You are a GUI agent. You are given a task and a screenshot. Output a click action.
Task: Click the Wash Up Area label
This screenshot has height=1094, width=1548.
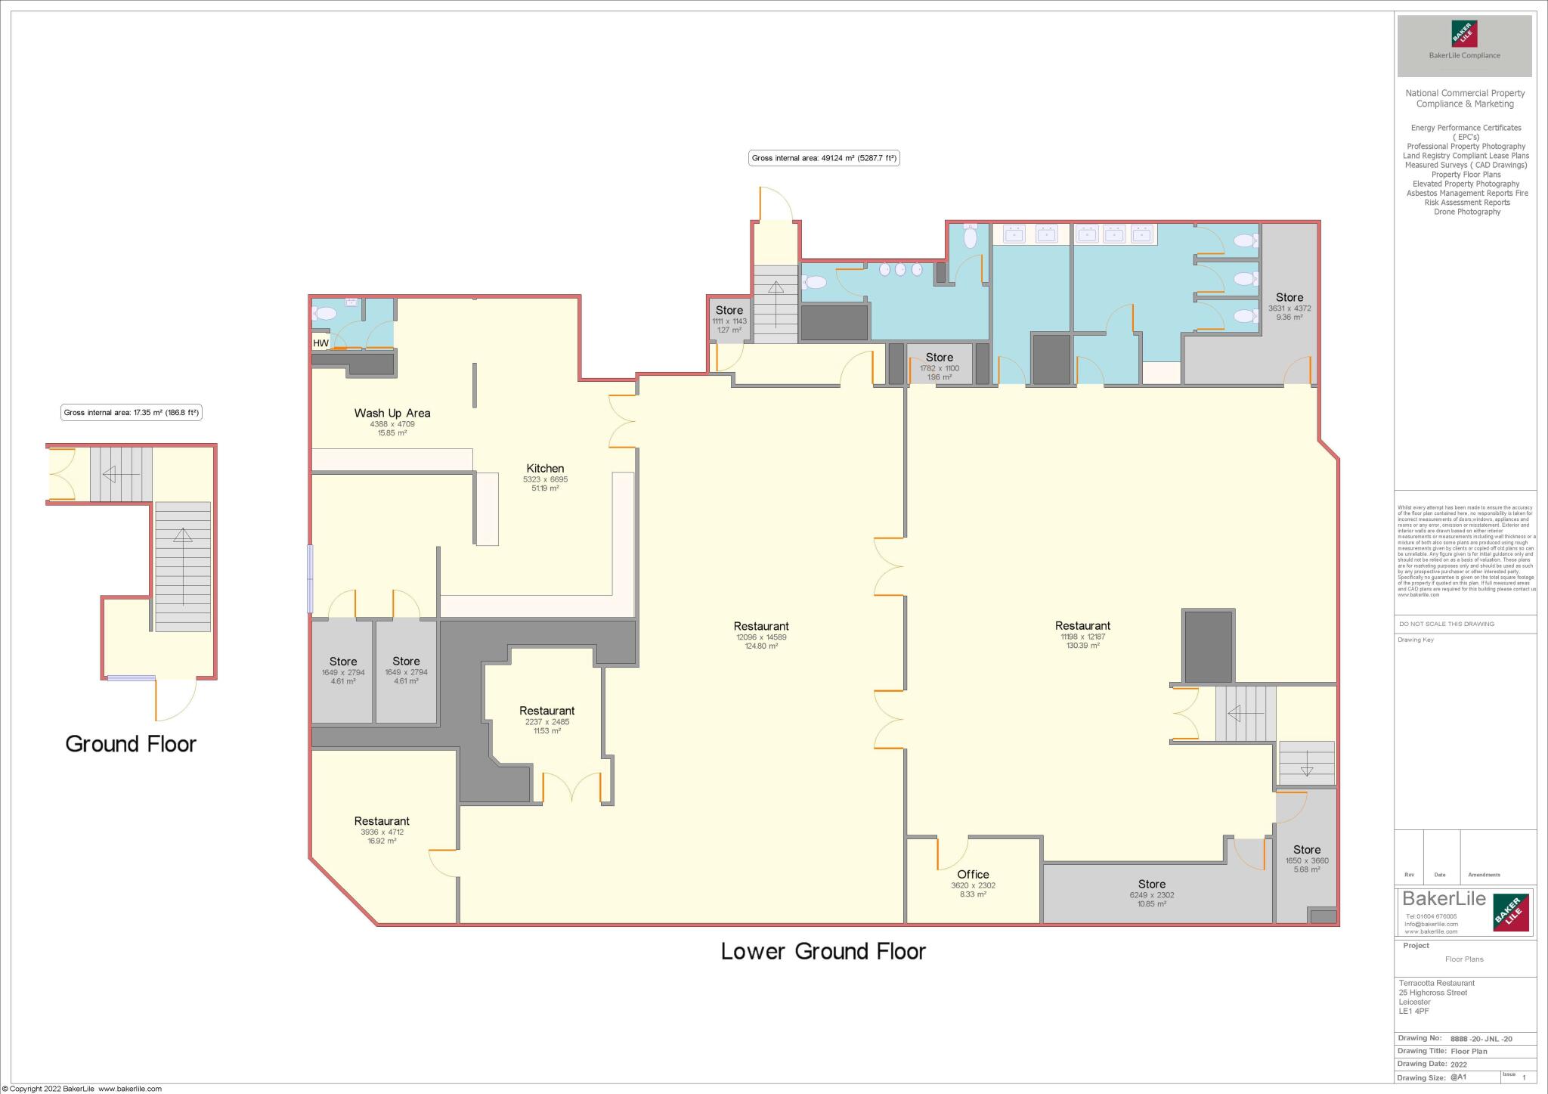(392, 413)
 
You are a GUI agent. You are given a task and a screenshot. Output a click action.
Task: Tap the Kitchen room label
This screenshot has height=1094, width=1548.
(545, 469)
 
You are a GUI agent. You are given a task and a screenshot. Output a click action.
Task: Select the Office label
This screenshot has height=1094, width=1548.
(973, 875)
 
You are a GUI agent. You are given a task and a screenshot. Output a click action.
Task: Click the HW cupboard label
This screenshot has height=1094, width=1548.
(321, 343)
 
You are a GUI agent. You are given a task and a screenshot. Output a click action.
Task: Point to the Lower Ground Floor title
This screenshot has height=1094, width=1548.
(823, 951)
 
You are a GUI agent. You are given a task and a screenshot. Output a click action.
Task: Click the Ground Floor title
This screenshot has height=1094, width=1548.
(131, 744)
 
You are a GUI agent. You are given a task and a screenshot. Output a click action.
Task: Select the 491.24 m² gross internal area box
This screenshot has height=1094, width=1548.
(824, 159)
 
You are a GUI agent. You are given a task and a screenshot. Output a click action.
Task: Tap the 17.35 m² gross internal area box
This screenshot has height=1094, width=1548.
(131, 413)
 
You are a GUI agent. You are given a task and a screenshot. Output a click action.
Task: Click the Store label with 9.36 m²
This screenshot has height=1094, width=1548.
(1289, 298)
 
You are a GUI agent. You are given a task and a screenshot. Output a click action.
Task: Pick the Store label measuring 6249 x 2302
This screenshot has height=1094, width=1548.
(1151, 885)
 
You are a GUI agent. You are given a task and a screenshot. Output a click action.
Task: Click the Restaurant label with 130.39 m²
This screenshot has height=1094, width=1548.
(1082, 626)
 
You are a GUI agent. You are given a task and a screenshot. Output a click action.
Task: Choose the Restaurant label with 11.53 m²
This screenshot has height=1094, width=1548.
(546, 711)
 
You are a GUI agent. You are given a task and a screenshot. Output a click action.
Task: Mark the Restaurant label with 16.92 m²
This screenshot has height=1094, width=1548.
(382, 822)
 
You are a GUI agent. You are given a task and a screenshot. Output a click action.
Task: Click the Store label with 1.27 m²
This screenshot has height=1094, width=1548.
(729, 311)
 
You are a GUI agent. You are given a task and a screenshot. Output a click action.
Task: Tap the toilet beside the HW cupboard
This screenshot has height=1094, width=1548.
(327, 313)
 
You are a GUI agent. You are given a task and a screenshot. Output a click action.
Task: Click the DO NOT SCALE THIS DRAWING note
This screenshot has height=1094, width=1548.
(1447, 624)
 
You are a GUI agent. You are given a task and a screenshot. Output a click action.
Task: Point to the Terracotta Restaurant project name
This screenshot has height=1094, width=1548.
(1436, 983)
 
